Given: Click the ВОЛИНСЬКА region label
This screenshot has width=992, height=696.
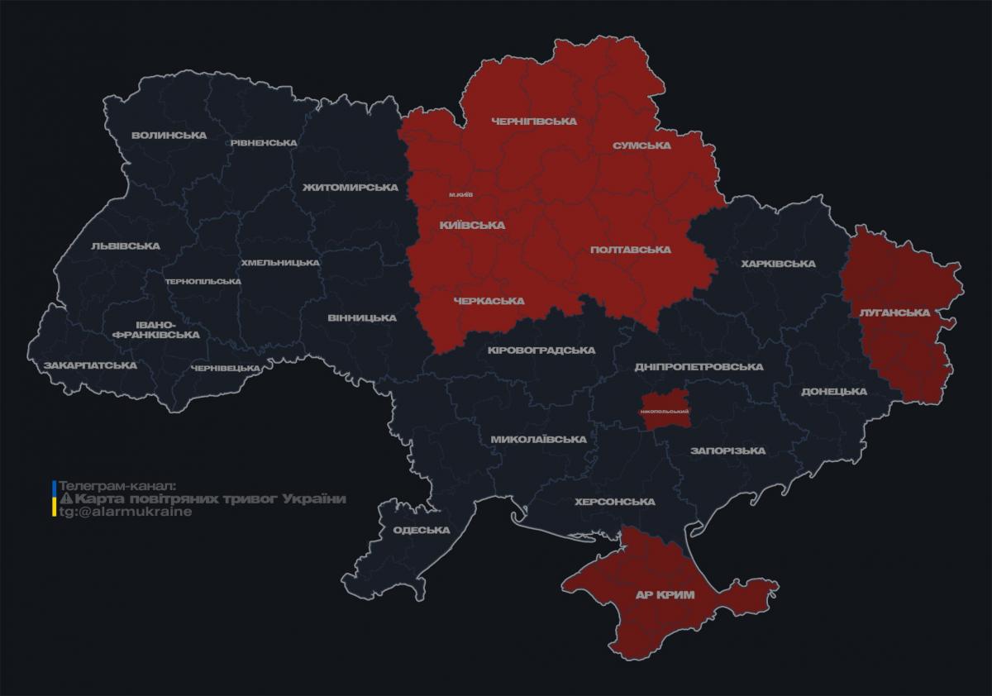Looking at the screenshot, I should coord(169,135).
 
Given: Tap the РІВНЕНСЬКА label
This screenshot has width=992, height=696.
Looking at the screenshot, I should coord(263,142).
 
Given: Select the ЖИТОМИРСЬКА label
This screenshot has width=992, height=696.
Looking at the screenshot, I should coord(350,187).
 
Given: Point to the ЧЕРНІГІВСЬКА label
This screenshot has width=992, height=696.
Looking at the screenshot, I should coord(533,121).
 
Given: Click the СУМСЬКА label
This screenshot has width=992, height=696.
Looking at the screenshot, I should coord(641,145).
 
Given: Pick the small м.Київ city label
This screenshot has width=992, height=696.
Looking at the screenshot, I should coord(462,194).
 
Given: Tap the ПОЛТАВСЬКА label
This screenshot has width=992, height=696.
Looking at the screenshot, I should coord(630,249).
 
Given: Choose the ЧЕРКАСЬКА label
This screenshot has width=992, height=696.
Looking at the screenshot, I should coord(489,301).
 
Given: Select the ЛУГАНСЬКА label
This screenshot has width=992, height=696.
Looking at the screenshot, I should coord(894,312).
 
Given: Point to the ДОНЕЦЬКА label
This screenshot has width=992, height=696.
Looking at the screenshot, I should coord(833,391).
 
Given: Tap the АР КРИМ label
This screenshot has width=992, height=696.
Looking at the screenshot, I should coord(665,594).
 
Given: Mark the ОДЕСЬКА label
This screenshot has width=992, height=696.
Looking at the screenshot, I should coord(421,530).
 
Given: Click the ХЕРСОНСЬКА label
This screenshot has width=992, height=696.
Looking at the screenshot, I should coord(615,502).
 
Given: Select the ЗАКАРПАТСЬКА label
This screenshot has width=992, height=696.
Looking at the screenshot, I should coord(90,365).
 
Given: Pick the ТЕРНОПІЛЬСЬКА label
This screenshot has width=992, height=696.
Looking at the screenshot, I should coord(203,281).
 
